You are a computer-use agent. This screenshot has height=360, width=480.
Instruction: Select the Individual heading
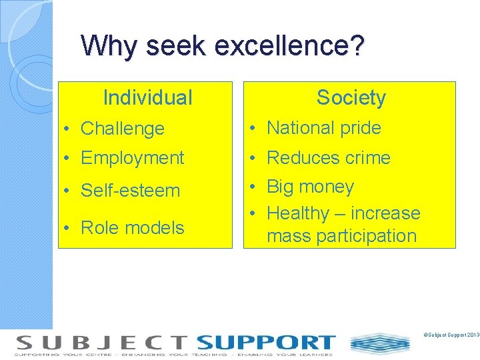pyautogui.click(x=147, y=98)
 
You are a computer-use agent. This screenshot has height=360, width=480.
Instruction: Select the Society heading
pyautogui.click(x=351, y=98)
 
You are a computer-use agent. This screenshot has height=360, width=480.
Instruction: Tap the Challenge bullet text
pyautogui.click(x=122, y=129)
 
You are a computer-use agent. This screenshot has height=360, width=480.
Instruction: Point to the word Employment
pyautogui.click(x=132, y=158)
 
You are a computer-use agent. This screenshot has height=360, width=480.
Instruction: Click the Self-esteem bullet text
pyautogui.click(x=130, y=191)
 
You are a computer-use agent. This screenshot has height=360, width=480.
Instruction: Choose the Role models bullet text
pyautogui.click(x=132, y=228)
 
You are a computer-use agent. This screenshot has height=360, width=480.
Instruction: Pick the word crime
pyautogui.click(x=367, y=158)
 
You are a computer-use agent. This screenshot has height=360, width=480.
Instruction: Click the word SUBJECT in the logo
pyautogui.click(x=101, y=343)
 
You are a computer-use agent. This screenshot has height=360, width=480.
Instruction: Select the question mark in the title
pyautogui.click(x=357, y=46)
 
